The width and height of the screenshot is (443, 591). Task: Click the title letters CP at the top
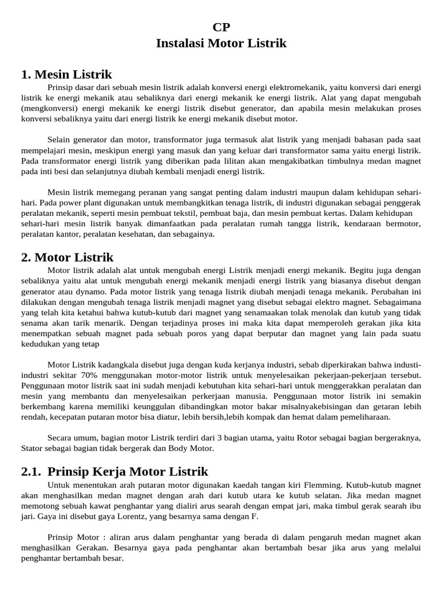pyautogui.click(x=221, y=27)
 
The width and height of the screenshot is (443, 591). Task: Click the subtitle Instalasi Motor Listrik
pyautogui.click(x=221, y=43)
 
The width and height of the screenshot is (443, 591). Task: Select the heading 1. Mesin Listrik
pyautogui.click(x=66, y=74)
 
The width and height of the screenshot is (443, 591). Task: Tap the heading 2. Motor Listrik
pyautogui.click(x=67, y=257)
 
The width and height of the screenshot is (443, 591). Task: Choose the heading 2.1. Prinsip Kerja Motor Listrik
pyautogui.click(x=114, y=472)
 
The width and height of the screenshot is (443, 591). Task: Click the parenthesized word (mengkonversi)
pyautogui.click(x=47, y=109)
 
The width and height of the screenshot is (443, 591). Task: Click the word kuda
pyautogui.click(x=205, y=365)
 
